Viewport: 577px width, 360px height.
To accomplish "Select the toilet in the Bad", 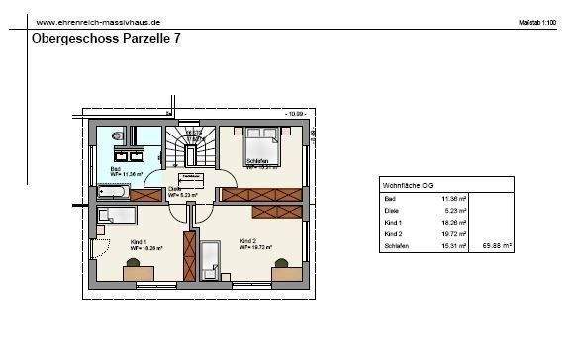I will tap(117, 135).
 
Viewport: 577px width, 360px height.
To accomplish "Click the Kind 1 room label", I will tap(140, 242).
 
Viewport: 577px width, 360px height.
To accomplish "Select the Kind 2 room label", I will tap(247, 240).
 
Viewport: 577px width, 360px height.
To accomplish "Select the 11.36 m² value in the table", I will tap(453, 198).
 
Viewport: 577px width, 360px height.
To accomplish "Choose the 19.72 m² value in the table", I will tap(453, 234).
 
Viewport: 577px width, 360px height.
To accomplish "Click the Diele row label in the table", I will tap(390, 210).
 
